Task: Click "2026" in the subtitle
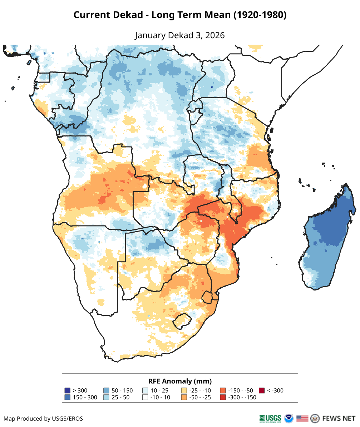(216, 35)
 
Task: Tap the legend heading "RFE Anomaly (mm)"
(180, 381)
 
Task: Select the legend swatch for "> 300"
(67, 391)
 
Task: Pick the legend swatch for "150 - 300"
(67, 397)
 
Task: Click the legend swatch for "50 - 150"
(106, 391)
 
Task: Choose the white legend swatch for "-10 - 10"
(145, 397)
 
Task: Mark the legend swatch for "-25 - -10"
(184, 391)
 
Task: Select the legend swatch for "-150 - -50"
(223, 391)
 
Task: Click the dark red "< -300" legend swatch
(262, 391)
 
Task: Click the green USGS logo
(270, 418)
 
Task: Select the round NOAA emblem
(289, 418)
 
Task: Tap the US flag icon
(302, 418)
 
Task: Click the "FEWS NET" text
(339, 418)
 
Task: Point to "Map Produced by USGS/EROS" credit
(43, 418)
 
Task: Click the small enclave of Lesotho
(181, 320)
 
